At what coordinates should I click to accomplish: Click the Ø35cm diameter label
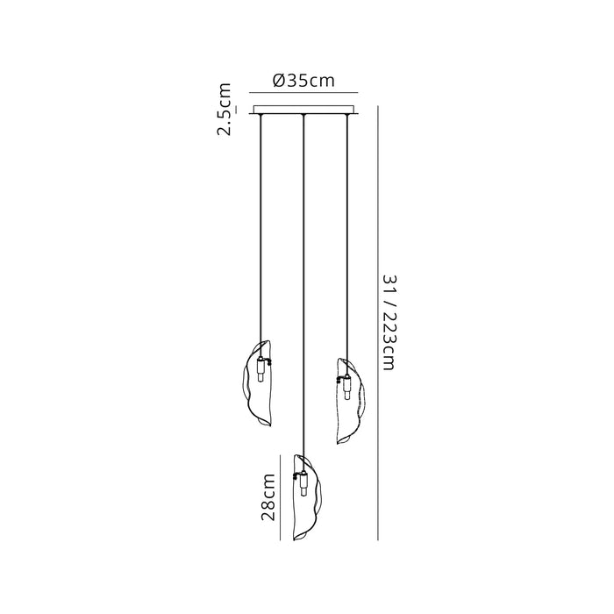pyautogui.click(x=303, y=81)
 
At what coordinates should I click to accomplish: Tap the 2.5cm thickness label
pyautogui.click(x=225, y=110)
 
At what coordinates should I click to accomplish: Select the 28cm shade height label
pyautogui.click(x=268, y=497)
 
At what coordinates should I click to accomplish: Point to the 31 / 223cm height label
pyautogui.click(x=389, y=322)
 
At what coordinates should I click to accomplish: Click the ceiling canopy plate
pyautogui.click(x=303, y=110)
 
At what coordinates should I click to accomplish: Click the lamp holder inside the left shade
pyautogui.click(x=261, y=369)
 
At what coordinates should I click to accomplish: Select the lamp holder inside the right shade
pyautogui.click(x=346, y=387)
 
